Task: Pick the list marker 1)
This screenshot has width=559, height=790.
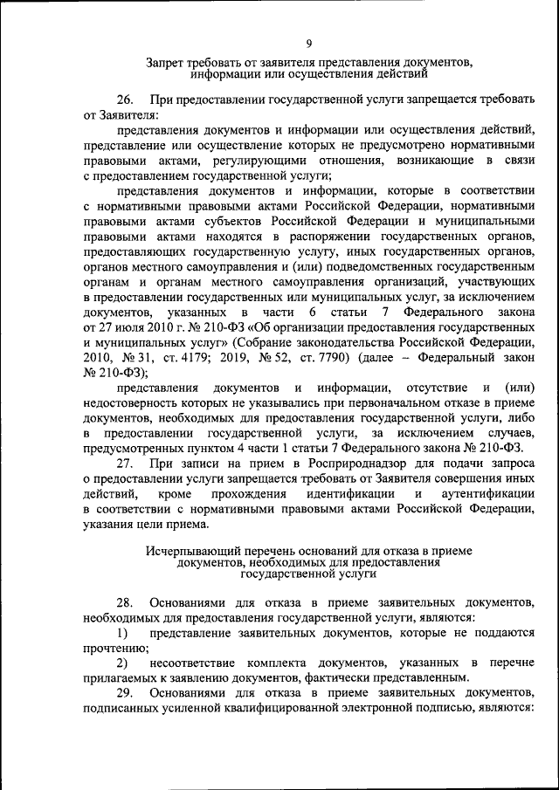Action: tap(122, 632)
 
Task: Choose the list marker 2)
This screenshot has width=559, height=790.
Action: tap(122, 662)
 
